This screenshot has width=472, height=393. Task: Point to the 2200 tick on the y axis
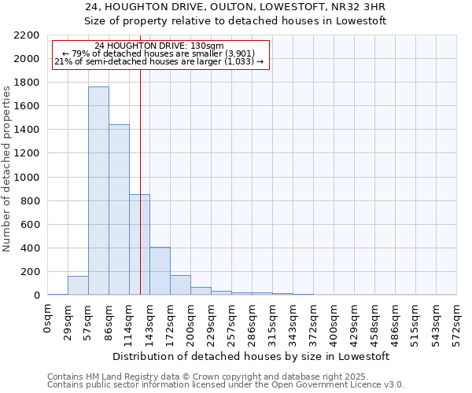tap(29, 35)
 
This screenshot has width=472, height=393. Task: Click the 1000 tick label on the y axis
tap(29, 178)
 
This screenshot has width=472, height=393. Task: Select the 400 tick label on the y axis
tap(32, 248)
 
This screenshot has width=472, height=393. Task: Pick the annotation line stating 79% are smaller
tap(160, 53)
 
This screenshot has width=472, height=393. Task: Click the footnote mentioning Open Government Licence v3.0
tap(226, 384)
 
